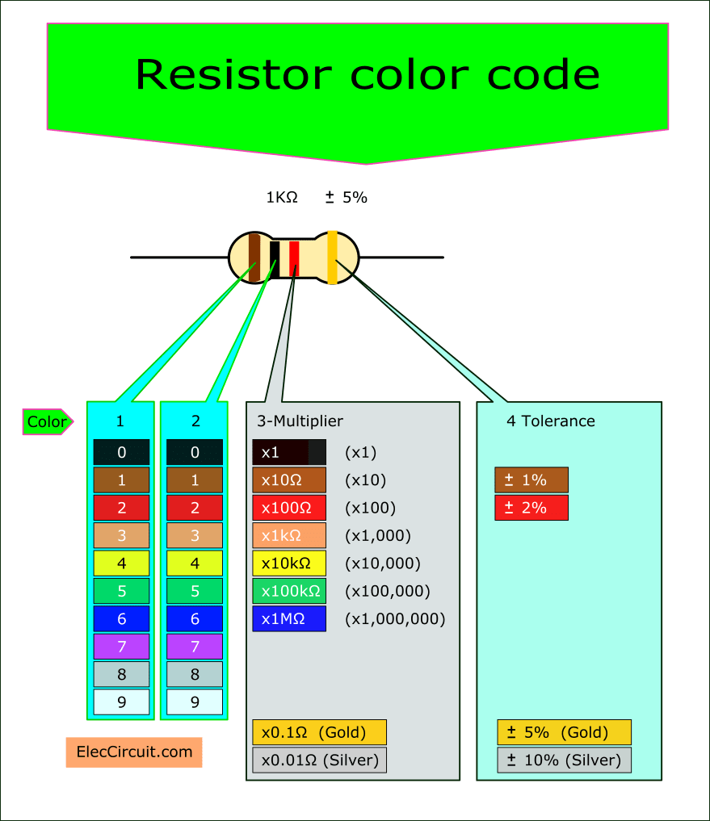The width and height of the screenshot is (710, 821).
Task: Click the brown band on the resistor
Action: point(254,258)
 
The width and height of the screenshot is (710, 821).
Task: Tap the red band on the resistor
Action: point(294,258)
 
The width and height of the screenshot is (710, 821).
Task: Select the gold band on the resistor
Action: point(332,258)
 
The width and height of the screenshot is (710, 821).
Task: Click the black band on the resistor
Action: point(275,259)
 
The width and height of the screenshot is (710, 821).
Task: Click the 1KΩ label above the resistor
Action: point(282,197)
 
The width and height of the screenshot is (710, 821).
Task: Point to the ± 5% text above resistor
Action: point(346,197)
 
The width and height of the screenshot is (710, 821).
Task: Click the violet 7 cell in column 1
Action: point(121,647)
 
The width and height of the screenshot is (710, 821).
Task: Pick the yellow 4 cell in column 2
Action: point(195,563)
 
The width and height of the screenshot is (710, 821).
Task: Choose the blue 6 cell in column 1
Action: point(121,619)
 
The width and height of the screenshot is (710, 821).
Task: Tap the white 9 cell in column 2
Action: point(195,702)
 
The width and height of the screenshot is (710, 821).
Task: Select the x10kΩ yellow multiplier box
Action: point(289,563)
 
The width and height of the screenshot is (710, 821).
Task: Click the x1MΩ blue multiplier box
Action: point(289,619)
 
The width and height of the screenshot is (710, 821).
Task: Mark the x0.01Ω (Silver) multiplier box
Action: point(319,760)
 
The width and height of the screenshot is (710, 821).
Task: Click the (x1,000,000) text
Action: point(395,619)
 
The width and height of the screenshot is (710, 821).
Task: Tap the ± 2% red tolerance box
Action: point(531,508)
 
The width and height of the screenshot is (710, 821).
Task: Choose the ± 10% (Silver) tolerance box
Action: point(564,760)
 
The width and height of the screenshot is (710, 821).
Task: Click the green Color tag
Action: point(48,421)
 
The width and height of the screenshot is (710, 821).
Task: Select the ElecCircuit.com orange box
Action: point(134,752)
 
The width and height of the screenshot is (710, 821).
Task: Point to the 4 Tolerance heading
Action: point(550,421)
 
